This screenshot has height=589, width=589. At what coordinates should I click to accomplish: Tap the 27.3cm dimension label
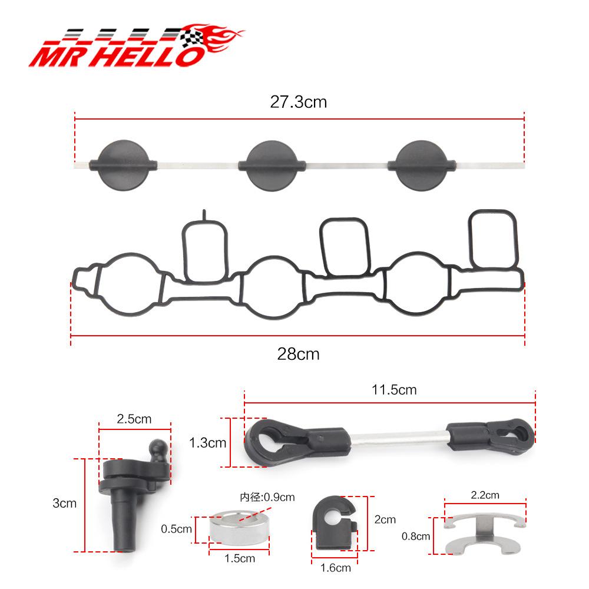298,102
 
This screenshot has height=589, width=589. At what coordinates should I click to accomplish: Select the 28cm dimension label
298,354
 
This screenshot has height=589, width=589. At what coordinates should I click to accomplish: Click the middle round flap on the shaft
272,166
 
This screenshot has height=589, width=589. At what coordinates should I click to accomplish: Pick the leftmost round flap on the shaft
123,166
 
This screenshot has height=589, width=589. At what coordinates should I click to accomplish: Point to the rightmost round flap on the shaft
422,166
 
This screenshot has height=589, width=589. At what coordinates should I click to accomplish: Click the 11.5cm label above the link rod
394,390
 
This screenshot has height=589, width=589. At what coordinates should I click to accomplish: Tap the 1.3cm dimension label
207,443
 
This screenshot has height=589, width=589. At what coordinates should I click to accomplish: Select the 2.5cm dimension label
134,419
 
